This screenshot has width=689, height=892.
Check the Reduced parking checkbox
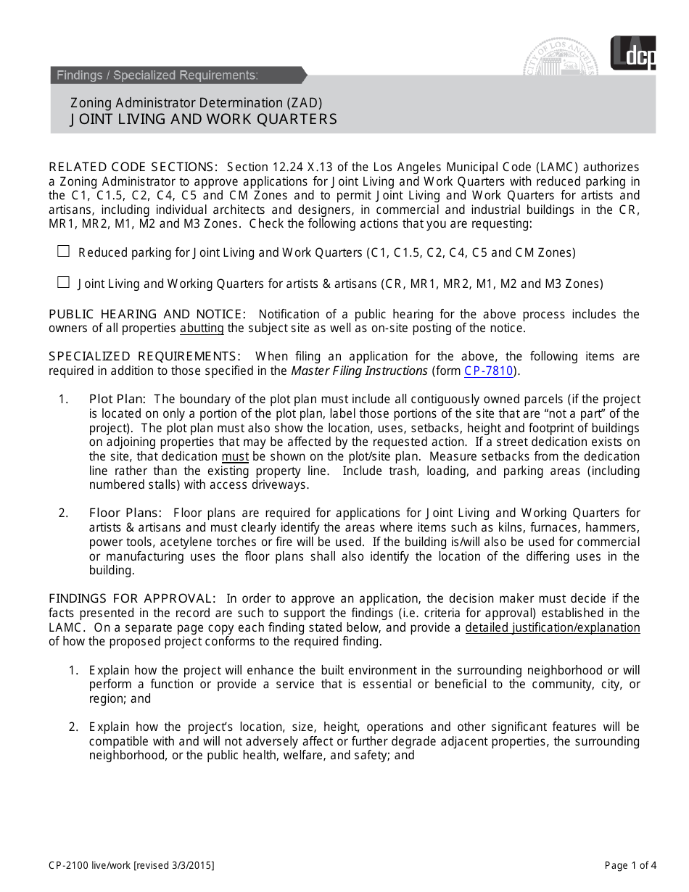pyautogui.click(x=64, y=252)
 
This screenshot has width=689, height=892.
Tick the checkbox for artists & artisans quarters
pyautogui.click(x=64, y=283)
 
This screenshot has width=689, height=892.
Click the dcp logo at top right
pyautogui.click(x=632, y=54)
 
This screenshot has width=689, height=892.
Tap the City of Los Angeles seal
pyautogui.click(x=562, y=58)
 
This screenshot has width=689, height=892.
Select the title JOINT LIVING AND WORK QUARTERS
pyautogui.click(x=204, y=119)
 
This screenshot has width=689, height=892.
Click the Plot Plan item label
pyautogui.click(x=117, y=399)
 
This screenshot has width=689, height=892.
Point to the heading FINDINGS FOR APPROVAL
pyautogui.click(x=132, y=598)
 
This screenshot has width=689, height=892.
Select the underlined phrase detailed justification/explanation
pyautogui.click(x=552, y=627)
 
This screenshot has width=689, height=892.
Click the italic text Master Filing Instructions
pyautogui.click(x=359, y=371)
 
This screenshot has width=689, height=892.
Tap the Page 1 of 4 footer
pyautogui.click(x=630, y=864)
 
